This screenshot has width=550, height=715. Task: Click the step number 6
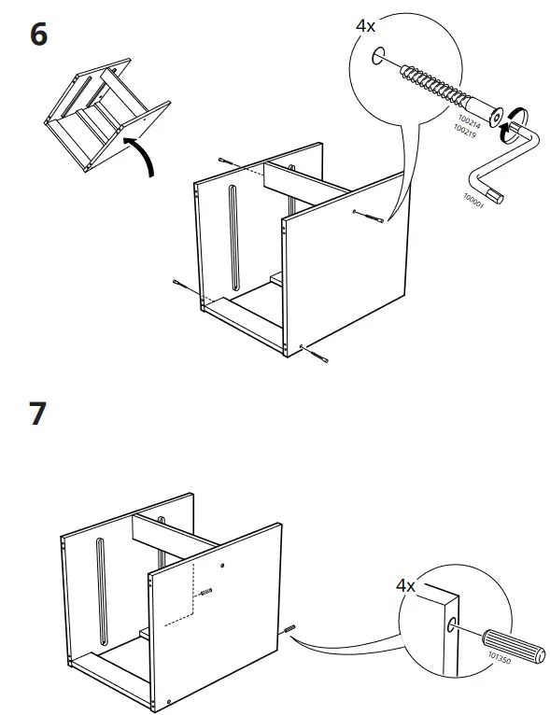point(38,35)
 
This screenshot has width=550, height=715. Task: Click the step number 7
point(38,414)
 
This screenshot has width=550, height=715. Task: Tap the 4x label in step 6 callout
point(365,26)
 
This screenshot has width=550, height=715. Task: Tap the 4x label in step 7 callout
point(405,585)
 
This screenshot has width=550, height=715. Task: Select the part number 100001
point(473,201)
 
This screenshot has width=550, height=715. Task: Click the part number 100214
point(470,121)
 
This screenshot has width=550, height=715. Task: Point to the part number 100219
point(465,132)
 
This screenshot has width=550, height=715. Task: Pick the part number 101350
point(500,658)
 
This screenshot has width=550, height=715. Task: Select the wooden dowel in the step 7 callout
point(514,647)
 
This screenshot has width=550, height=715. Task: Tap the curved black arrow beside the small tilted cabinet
point(144,153)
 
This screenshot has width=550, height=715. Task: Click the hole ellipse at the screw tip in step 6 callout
point(378,56)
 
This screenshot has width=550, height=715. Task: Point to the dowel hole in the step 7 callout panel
point(451,624)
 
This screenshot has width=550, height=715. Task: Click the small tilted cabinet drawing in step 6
point(107,119)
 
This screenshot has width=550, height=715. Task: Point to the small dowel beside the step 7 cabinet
point(289,629)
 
